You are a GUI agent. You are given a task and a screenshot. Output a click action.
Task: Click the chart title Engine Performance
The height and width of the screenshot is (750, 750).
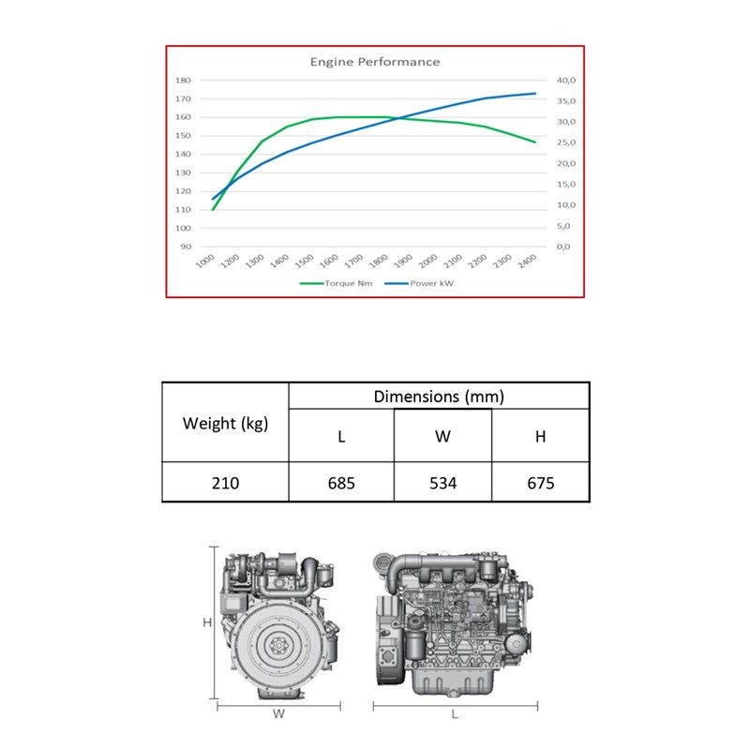374,62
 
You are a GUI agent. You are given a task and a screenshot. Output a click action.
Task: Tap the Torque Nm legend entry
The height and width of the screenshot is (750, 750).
336,283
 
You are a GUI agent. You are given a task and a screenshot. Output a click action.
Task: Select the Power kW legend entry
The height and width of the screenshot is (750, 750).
419,283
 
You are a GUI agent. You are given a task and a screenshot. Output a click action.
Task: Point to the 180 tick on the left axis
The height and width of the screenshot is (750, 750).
183,81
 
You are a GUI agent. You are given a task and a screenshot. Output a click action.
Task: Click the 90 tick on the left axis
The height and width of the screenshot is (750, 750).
186,247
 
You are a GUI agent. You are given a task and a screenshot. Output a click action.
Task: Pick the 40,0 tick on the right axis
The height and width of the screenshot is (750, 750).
566,81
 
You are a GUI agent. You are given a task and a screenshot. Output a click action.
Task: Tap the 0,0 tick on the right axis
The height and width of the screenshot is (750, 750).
563,247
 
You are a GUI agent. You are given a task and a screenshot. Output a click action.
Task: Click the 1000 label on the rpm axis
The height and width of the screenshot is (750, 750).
205,261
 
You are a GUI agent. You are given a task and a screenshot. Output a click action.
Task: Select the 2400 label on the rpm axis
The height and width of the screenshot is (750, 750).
527,261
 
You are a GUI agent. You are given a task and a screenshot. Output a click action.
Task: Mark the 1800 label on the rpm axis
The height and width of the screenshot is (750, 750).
379,261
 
